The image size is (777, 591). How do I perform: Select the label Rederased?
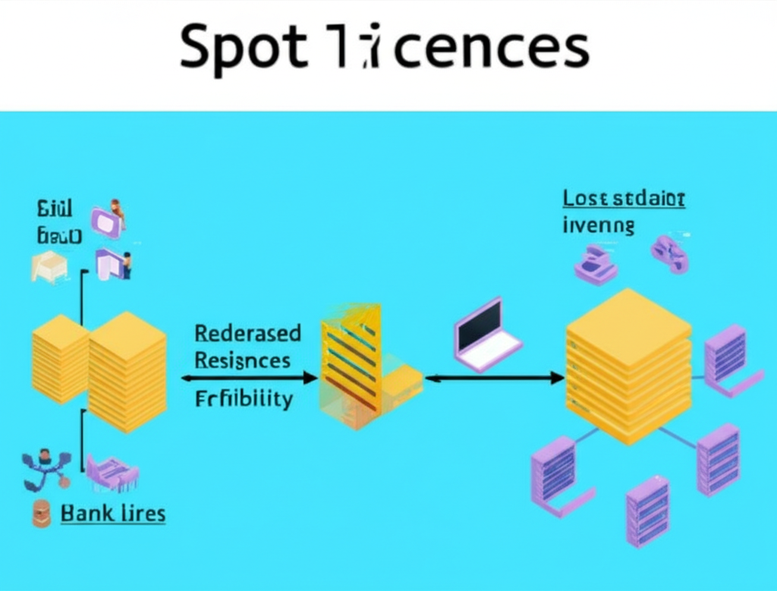[247, 333]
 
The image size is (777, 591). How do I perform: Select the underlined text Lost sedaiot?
[624, 199]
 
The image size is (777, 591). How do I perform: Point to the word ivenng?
[598, 225]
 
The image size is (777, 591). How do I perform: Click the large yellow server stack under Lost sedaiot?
[628, 364]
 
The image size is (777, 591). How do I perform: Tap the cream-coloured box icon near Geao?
[49, 267]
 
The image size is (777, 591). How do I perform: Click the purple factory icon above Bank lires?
[112, 472]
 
